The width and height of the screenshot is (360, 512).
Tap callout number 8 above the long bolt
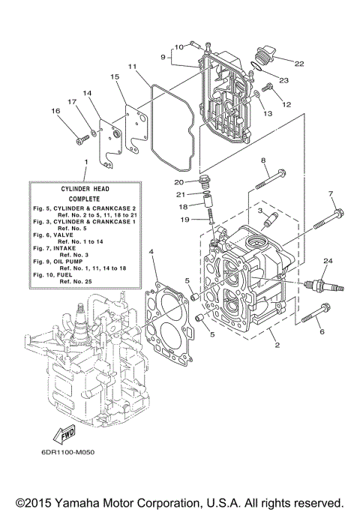coord(263,160)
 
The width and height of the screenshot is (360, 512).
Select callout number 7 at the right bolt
coord(330,193)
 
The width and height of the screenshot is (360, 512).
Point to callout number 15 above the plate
coord(115,76)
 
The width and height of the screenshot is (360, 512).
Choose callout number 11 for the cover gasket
coord(132,66)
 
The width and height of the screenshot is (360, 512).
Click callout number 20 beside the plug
coord(178,181)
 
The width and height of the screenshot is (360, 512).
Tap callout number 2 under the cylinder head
coord(277,344)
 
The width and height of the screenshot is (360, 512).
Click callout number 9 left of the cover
coord(161,55)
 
